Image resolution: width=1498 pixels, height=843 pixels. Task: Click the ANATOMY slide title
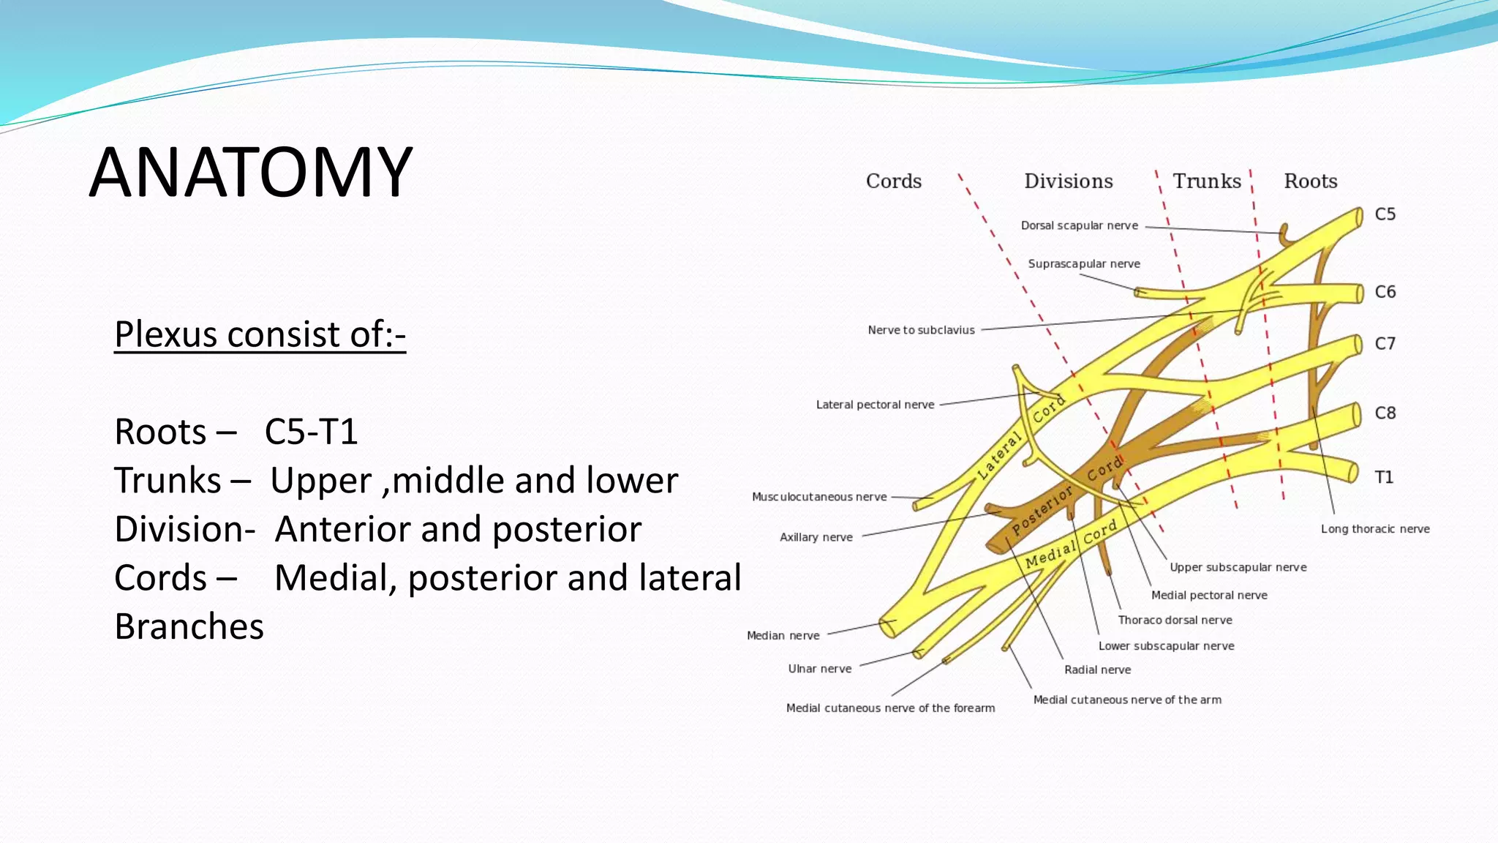pyautogui.click(x=251, y=173)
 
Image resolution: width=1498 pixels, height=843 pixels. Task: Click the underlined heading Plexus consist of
pyautogui.click(x=260, y=334)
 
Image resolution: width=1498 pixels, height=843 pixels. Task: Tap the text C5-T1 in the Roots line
pyautogui.click(x=311, y=432)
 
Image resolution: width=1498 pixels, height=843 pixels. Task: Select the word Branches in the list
pyautogui.click(x=189, y=626)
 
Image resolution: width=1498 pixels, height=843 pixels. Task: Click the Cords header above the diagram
pyautogui.click(x=893, y=181)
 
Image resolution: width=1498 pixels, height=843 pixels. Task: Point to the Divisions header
pyautogui.click(x=1068, y=181)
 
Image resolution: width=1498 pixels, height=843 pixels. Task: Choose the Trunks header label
pyautogui.click(x=1207, y=181)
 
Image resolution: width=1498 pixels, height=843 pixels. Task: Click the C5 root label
pyautogui.click(x=1385, y=214)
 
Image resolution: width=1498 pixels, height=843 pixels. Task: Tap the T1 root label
pyautogui.click(x=1383, y=478)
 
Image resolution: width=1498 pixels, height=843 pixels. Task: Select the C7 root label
pyautogui.click(x=1385, y=344)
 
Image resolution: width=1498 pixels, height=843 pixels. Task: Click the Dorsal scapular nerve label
pyautogui.click(x=1079, y=225)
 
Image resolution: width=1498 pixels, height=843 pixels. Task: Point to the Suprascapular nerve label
pyautogui.click(x=1083, y=263)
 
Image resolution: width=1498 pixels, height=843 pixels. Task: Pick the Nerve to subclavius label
pyautogui.click(x=921, y=330)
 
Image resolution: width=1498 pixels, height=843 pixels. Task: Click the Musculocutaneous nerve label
pyautogui.click(x=819, y=497)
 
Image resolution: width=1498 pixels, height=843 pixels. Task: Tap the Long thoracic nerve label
pyautogui.click(x=1374, y=529)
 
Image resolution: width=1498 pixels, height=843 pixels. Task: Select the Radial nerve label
pyautogui.click(x=1097, y=670)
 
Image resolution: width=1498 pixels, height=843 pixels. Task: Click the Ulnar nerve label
pyautogui.click(x=819, y=669)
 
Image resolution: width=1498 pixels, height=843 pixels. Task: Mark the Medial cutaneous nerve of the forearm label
pyautogui.click(x=890, y=708)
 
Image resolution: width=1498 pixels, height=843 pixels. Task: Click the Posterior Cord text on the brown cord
pyautogui.click(x=1066, y=498)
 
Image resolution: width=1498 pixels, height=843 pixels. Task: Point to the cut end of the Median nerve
pyautogui.click(x=888, y=626)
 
